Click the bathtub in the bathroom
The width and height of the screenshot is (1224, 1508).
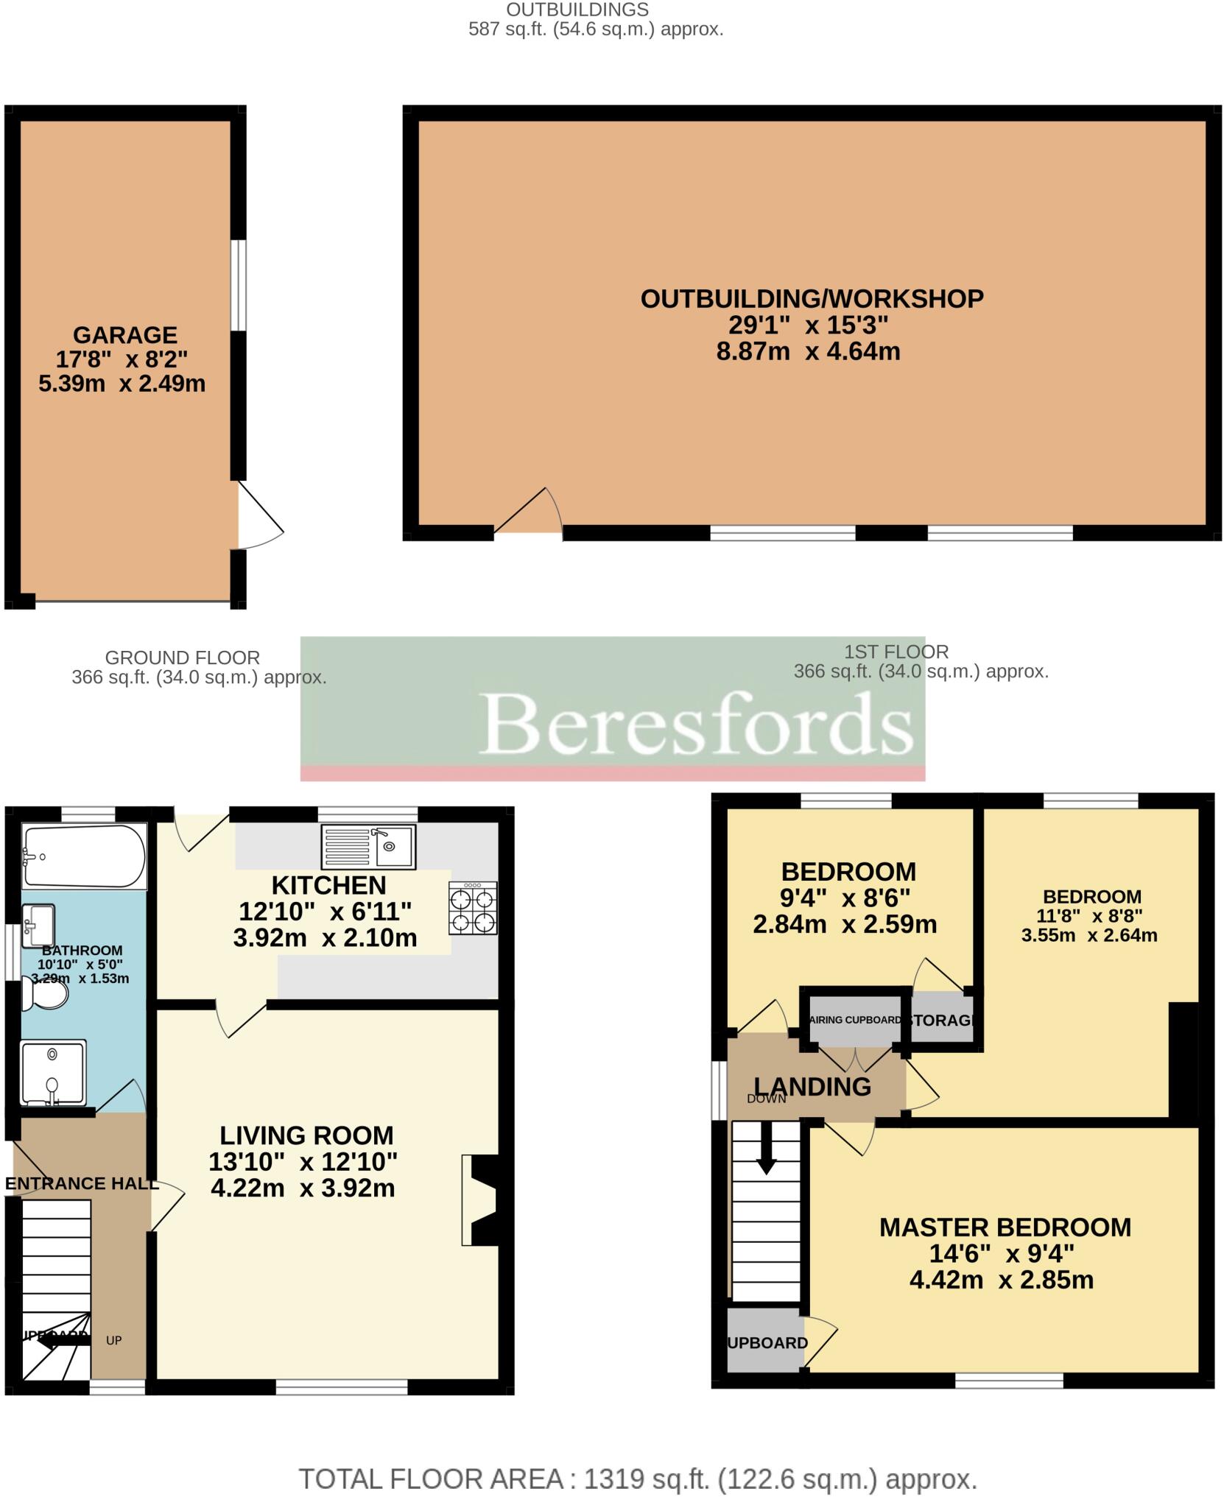(84, 856)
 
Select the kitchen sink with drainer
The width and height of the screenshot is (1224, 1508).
(369, 846)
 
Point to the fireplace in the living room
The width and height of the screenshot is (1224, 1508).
(479, 1200)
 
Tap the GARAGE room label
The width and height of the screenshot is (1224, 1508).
(125, 335)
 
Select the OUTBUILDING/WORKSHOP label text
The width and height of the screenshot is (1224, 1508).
(812, 299)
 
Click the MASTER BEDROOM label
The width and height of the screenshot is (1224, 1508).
(1005, 1227)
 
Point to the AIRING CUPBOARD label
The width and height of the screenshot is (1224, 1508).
(855, 1021)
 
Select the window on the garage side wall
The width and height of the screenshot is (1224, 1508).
(238, 285)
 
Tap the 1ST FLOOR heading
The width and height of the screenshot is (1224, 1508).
(896, 652)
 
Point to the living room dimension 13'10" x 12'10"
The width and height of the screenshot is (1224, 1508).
(303, 1162)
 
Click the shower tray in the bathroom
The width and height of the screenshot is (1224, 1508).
(53, 1072)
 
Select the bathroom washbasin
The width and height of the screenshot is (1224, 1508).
(38, 926)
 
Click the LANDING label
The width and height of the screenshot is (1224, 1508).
(812, 1087)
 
